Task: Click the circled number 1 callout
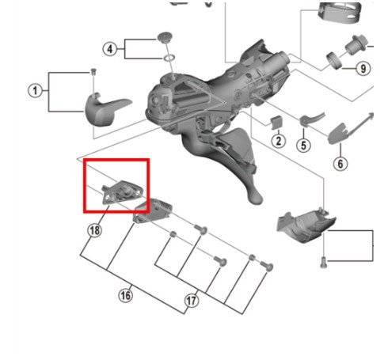pos(35,91)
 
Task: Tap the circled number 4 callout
pos(109,49)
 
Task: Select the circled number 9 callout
pos(363,69)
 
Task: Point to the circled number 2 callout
pos(279,141)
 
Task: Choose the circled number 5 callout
pos(303,146)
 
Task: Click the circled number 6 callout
pos(340,164)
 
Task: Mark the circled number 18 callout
pos(94,230)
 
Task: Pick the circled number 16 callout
pos(125,295)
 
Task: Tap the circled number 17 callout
pos(192,301)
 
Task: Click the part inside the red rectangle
pos(122,192)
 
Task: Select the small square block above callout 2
pos(276,123)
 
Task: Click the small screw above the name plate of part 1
pos(93,71)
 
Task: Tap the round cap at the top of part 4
pos(164,37)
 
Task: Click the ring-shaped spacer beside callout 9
pos(334,60)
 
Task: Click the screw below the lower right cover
pos(324,263)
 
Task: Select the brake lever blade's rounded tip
pos(256,197)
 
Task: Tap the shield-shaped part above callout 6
pos(337,134)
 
